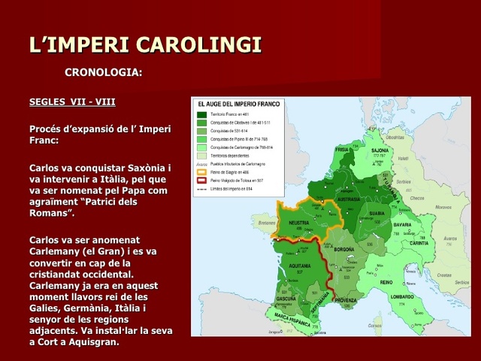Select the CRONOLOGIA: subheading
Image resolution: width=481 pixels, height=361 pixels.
pos(104,73)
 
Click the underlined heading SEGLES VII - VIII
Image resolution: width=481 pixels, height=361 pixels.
pos(72,101)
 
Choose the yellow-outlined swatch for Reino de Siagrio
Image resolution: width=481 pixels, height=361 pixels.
pos(201,171)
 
